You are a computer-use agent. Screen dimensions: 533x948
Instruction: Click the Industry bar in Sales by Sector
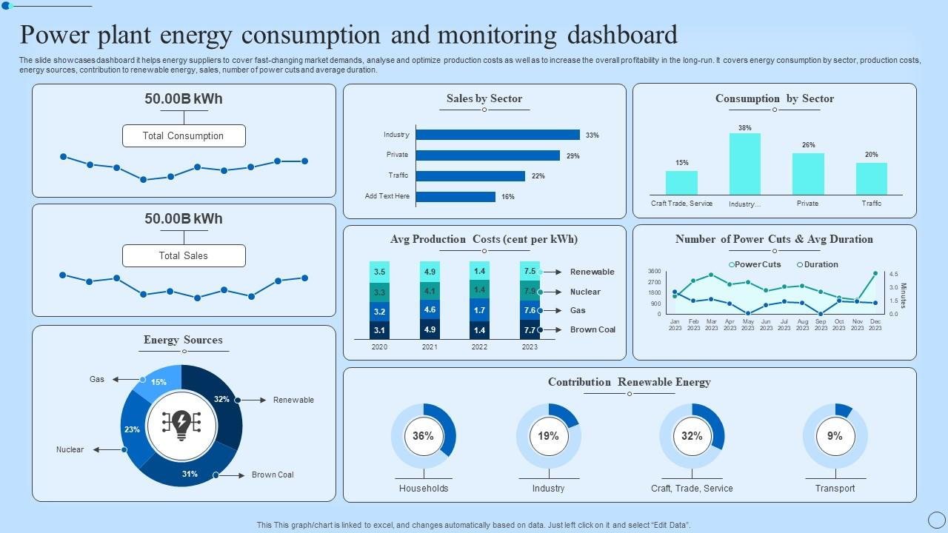point(498,135)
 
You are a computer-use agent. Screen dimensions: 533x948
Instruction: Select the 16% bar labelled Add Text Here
point(455,197)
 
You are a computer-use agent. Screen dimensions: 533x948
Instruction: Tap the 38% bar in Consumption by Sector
point(744,164)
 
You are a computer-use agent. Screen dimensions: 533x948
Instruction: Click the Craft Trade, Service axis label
point(681,204)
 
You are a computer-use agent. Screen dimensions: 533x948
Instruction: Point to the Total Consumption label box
point(184,136)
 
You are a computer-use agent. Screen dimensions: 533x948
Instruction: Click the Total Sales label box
point(184,256)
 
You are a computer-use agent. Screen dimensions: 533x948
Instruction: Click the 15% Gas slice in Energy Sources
point(158,383)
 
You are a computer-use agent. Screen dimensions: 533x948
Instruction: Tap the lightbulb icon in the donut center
point(181,425)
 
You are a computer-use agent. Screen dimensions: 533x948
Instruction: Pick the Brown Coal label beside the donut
point(273,475)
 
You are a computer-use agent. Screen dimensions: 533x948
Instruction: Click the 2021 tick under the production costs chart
point(430,346)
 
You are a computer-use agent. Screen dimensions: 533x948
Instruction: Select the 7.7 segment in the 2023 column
point(530,330)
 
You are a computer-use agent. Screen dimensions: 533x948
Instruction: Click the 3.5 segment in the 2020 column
point(379,272)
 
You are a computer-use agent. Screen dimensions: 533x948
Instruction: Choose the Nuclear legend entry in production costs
point(585,292)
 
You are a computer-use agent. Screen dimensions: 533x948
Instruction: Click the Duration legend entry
point(821,264)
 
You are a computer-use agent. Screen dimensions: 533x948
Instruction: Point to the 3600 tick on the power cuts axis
point(654,272)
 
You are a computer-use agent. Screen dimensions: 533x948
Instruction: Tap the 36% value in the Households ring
point(423,436)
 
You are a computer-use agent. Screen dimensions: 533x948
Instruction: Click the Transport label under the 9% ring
point(835,489)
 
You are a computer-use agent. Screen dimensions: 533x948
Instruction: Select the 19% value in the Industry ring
point(548,436)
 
